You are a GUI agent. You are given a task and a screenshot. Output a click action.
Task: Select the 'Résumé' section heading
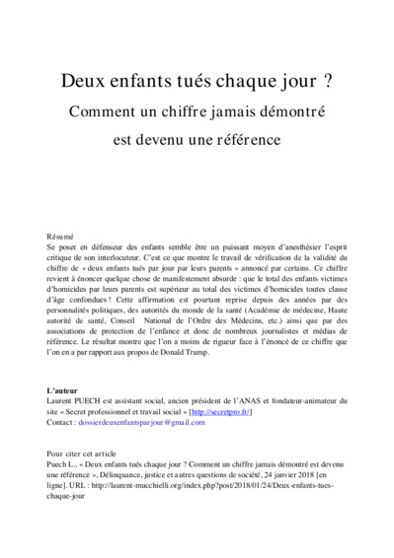tap(60, 238)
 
